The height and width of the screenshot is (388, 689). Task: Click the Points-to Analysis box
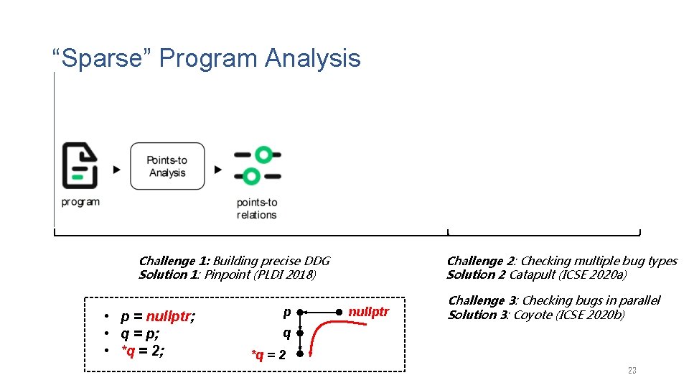167,166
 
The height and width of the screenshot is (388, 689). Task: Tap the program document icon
79,165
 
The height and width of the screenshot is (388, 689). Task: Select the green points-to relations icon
257,165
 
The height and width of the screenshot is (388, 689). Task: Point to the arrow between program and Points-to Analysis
117,170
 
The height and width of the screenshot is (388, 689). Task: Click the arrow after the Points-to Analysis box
218,170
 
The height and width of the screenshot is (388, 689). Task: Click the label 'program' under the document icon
80,202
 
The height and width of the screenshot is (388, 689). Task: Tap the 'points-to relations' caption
256,208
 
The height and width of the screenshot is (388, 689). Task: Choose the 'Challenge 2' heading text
481,261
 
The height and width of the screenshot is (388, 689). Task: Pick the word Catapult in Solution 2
533,274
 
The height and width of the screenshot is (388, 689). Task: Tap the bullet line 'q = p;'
140,333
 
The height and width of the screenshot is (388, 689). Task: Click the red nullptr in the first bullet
169,317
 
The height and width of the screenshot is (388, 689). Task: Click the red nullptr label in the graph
368,312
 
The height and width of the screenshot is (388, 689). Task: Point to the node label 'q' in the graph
286,333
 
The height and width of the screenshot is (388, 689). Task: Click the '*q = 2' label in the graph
268,354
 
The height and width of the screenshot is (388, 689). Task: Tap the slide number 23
632,370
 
